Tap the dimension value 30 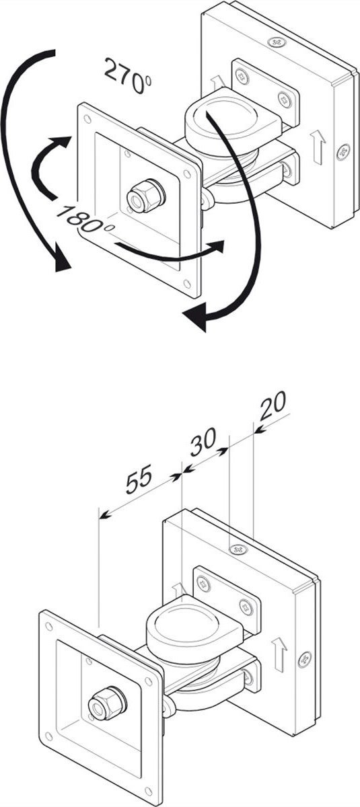tap(203, 441)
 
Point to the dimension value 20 tap(273, 406)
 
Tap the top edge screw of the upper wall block tap(277, 42)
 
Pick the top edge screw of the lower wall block tap(238, 550)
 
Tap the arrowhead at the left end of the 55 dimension tap(104, 516)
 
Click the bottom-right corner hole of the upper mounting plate tap(187, 284)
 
